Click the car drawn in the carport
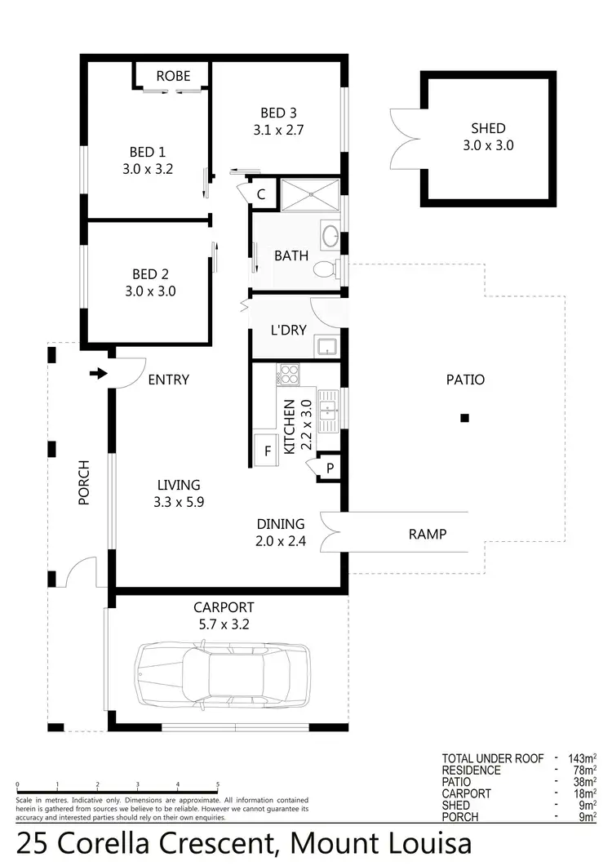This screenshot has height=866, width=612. coord(223,673)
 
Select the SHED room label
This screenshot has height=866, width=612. coord(488,128)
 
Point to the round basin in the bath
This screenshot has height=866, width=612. coord(330,237)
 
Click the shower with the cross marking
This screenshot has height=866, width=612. coord(309,196)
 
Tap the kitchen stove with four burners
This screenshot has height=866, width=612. coord(289,374)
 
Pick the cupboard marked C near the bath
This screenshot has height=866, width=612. coord(261,194)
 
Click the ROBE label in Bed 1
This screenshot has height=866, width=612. coord(173,76)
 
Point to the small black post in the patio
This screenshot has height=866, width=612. coord(464,418)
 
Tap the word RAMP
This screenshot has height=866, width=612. coord(427,534)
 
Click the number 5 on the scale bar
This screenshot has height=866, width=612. coord(217,784)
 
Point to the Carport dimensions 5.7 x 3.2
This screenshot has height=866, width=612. coord(223,624)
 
